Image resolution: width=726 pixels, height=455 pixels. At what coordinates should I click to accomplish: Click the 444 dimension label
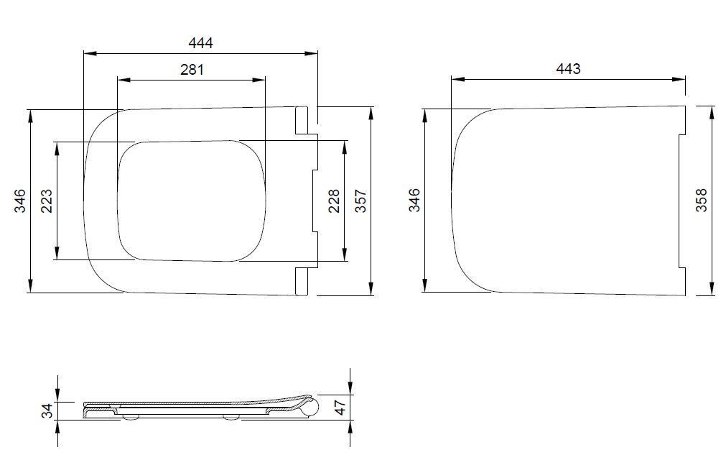pyautogui.click(x=200, y=43)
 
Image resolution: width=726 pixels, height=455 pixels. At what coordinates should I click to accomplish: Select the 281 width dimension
pyautogui.click(x=192, y=70)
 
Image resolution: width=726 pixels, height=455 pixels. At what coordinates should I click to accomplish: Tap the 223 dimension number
pyautogui.click(x=47, y=201)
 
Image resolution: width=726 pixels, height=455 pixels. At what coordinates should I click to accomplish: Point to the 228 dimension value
pyautogui.click(x=334, y=201)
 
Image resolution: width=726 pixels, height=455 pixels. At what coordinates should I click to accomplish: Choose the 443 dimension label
pyautogui.click(x=568, y=69)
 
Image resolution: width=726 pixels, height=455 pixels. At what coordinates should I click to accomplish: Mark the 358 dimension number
pyautogui.click(x=702, y=200)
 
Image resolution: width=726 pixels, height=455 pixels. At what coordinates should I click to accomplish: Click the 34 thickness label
pyautogui.click(x=47, y=411)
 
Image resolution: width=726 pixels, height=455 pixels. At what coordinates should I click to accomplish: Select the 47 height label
pyautogui.click(x=340, y=408)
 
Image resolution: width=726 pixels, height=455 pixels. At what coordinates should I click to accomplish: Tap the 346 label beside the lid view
pyautogui.click(x=414, y=200)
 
